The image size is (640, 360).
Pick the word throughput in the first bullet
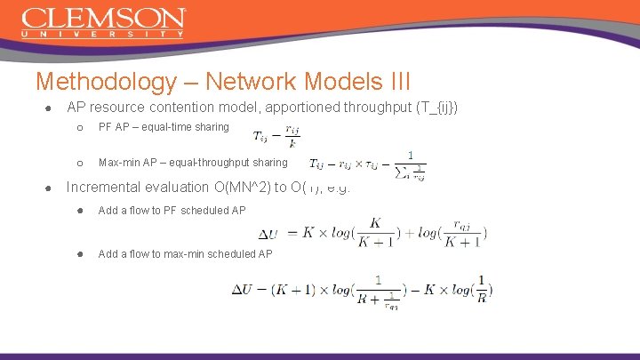click(366, 108)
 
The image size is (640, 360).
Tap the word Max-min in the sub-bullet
click(117, 163)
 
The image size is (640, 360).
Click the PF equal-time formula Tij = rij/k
click(276, 135)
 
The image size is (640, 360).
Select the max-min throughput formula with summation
click(367, 165)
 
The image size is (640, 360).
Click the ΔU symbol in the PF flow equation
click(268, 234)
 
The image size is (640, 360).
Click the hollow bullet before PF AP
click(78, 127)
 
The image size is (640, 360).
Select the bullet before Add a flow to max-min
click(78, 254)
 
